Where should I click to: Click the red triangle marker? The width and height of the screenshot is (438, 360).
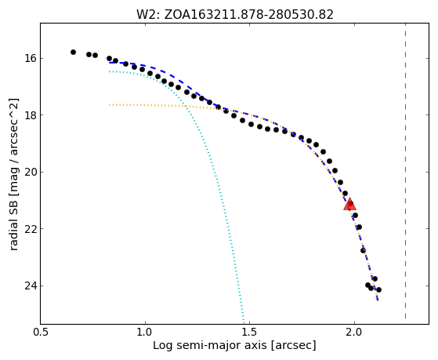(x=349, y=204)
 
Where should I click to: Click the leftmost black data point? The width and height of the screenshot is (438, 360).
(x=73, y=52)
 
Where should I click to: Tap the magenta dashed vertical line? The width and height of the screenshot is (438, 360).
(x=405, y=171)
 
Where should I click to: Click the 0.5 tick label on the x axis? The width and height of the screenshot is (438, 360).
(x=41, y=333)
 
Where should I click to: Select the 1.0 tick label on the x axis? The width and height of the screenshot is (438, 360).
(x=145, y=333)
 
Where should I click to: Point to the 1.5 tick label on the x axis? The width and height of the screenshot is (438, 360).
(x=250, y=333)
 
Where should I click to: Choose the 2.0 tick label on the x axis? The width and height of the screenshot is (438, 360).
(x=354, y=333)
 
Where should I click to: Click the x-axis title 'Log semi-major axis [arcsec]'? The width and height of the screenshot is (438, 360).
(x=234, y=346)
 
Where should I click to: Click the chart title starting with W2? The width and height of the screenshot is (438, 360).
(x=235, y=15)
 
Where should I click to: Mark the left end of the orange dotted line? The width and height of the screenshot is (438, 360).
(x=110, y=105)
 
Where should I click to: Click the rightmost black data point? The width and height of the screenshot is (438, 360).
(x=378, y=289)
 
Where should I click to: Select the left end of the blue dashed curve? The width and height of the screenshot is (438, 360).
(x=110, y=63)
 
